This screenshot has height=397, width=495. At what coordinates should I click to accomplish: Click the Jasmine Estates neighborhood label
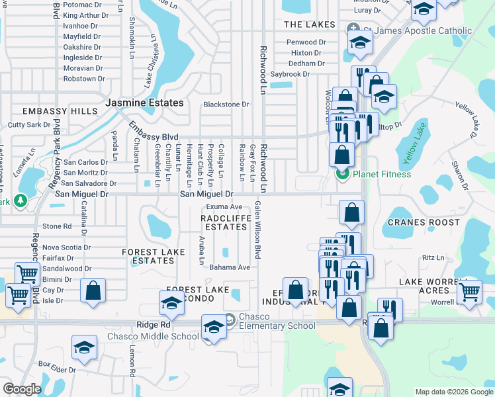tap(144, 103)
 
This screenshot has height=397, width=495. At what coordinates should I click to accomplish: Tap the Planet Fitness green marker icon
tap(342, 174)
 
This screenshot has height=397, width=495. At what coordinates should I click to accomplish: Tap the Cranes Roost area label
tap(424, 222)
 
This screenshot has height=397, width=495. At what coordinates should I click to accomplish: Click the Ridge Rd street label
tap(154, 325)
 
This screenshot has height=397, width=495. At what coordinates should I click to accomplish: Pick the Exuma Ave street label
tap(224, 207)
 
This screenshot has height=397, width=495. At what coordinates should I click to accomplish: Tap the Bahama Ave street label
tap(230, 267)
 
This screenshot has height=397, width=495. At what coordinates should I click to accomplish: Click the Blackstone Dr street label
tap(226, 105)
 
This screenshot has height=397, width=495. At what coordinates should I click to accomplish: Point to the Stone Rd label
tap(57, 226)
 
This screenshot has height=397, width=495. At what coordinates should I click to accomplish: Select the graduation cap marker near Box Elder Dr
tap(85, 348)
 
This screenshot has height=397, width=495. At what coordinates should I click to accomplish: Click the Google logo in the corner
tap(22, 389)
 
